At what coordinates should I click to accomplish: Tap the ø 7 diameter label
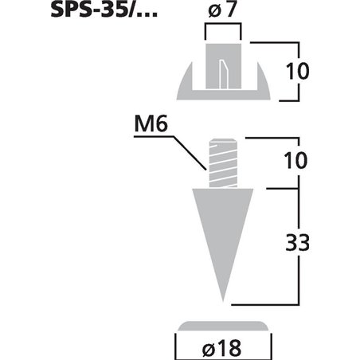click(x=222, y=13)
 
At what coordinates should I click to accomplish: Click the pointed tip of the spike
click(x=223, y=301)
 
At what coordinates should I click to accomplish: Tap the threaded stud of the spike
click(x=223, y=163)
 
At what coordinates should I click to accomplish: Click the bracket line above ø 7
click(x=222, y=25)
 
